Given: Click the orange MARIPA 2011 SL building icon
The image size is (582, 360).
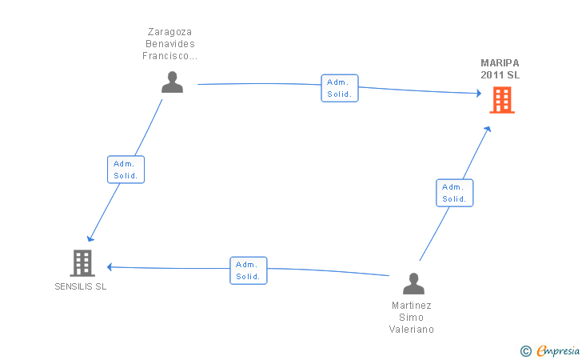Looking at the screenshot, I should click(502, 100).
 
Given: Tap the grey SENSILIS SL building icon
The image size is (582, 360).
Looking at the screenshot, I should click(82, 262).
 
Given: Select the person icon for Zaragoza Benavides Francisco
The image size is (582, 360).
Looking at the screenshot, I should click(172, 82).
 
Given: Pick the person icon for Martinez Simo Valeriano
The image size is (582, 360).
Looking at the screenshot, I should click(413, 284).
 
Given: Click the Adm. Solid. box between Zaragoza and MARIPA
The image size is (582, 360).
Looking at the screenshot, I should click(340, 88).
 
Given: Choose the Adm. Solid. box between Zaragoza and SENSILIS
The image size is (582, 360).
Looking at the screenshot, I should click(126, 170).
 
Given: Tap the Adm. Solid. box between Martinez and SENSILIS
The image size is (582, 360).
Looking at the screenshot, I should click(249, 270).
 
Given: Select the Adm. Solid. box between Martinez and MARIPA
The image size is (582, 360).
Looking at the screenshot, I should click(454, 193).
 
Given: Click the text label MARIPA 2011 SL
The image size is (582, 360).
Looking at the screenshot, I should click(500, 69).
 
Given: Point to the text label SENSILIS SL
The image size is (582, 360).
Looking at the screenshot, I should click(80, 287).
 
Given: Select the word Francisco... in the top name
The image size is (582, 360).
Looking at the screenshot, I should click(170, 56).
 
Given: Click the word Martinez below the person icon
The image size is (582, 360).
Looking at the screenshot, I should click(413, 305).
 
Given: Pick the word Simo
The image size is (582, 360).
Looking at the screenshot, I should click(413, 317).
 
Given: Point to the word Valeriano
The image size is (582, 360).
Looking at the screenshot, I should click(413, 329).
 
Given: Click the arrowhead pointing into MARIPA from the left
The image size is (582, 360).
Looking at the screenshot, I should click(477, 94).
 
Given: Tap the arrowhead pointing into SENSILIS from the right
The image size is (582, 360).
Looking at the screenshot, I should click(111, 266).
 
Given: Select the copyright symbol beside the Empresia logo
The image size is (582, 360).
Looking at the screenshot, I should click(525, 350).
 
